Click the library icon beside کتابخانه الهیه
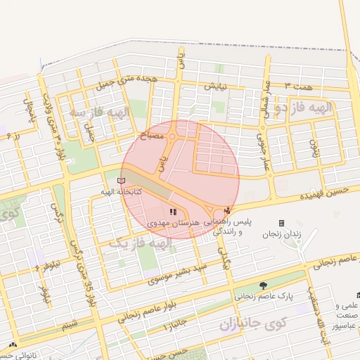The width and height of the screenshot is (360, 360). [x=123, y=182]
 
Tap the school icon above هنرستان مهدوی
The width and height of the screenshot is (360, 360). [x=173, y=212]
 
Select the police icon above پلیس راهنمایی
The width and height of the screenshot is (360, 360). [x=226, y=210]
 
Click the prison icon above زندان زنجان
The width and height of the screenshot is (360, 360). [x=281, y=223]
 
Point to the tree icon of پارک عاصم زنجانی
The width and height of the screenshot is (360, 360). [x=263, y=285]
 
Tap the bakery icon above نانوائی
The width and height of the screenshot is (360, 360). [x=13, y=345]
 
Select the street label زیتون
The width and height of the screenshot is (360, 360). [x=314, y=147]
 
